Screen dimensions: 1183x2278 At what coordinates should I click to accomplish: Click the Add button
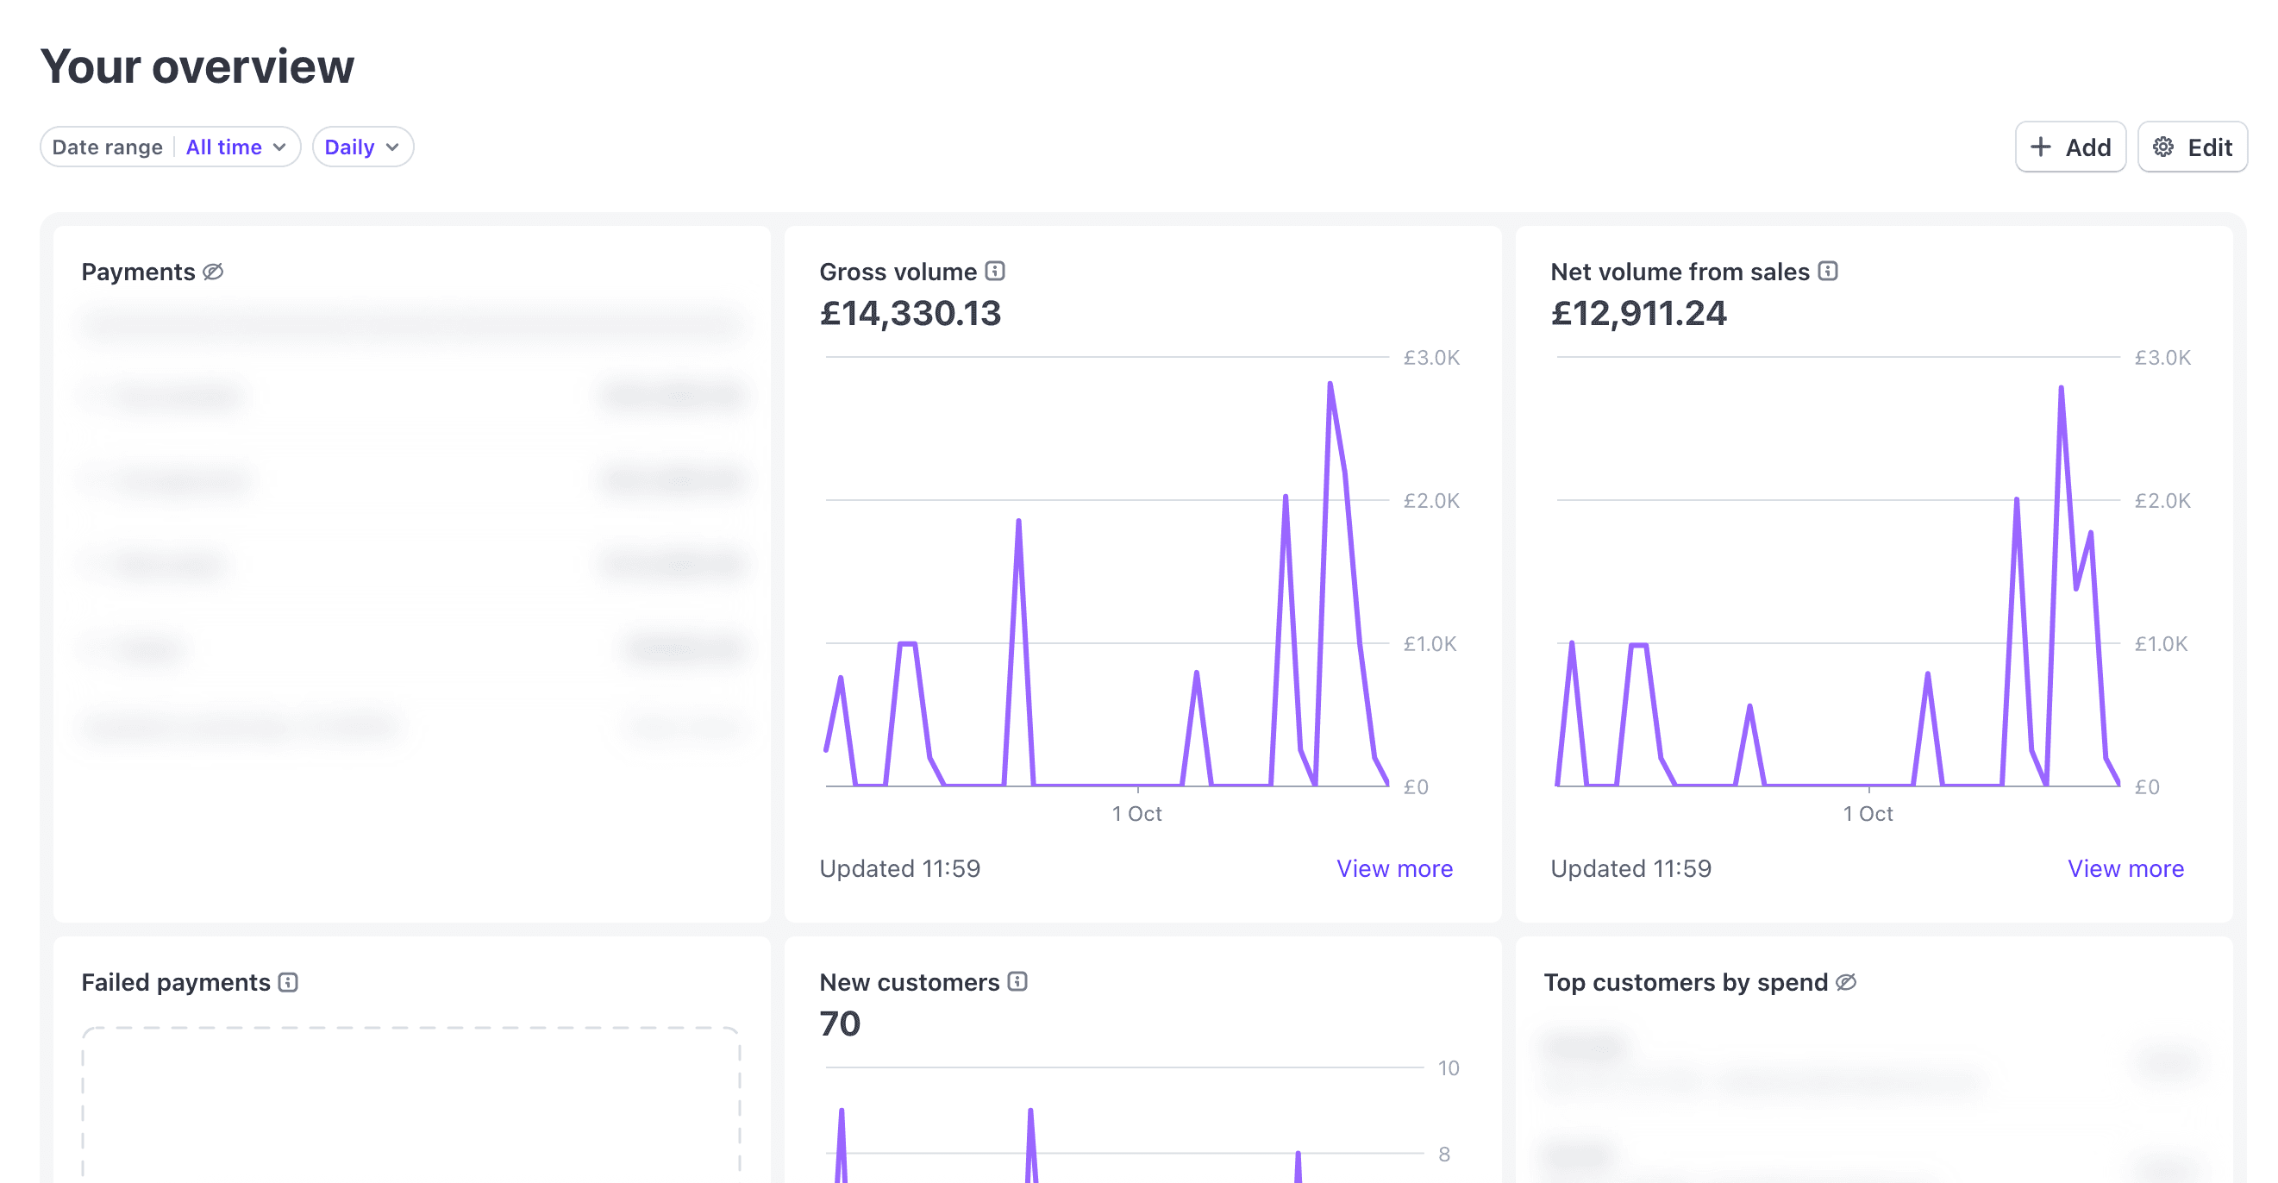(2069, 147)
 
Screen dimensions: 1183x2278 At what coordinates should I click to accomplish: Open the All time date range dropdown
(235, 147)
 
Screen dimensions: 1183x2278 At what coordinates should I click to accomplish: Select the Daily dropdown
(361, 147)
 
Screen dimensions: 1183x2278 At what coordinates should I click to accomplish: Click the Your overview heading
(197, 67)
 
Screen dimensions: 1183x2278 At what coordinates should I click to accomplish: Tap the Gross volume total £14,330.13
(910, 313)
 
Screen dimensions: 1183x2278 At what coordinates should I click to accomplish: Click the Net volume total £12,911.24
(1637, 313)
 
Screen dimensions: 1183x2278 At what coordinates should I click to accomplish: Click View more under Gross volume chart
(1393, 868)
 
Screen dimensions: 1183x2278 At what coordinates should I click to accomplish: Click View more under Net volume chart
(2125, 868)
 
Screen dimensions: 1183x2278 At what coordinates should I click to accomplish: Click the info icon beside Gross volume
(995, 271)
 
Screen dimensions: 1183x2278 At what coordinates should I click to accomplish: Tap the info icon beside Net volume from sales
(1828, 271)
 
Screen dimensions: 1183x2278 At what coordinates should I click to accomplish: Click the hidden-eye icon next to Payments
(213, 272)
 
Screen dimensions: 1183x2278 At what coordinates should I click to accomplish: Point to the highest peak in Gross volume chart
(1330, 385)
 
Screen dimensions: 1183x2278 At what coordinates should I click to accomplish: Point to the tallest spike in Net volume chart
(2061, 388)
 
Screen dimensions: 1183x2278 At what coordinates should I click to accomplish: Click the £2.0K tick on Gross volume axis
(1430, 501)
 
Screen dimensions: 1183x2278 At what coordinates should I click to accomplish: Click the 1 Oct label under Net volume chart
(1868, 813)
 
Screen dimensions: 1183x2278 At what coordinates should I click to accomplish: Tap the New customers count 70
(839, 1023)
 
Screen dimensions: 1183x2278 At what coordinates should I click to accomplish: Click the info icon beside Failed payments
(288, 982)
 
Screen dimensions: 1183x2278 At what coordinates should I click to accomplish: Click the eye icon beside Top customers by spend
(1845, 982)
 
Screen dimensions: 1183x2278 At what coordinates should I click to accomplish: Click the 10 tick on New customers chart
(1448, 1068)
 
